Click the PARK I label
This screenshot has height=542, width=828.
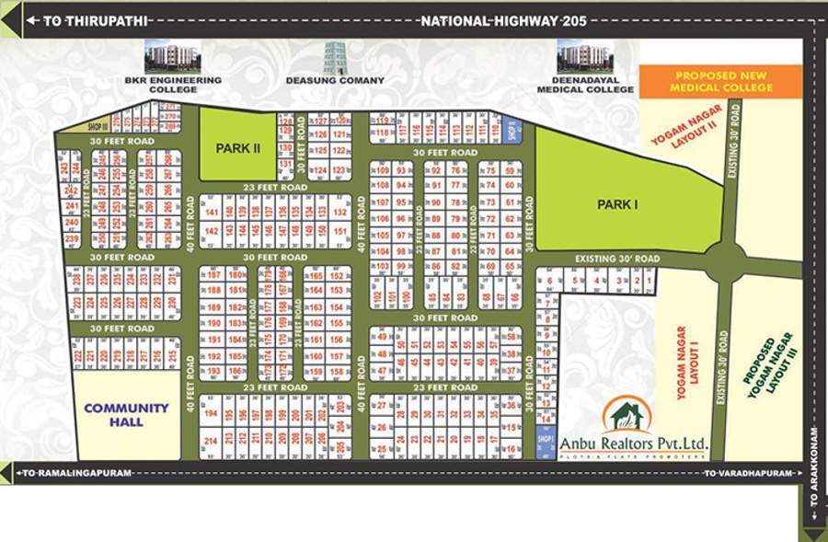pos(617,204)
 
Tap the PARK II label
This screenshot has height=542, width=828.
pos(238,147)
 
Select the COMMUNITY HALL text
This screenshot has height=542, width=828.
pos(126,414)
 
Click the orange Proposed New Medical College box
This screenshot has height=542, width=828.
pos(722,82)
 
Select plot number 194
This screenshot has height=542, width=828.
pos(212,414)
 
